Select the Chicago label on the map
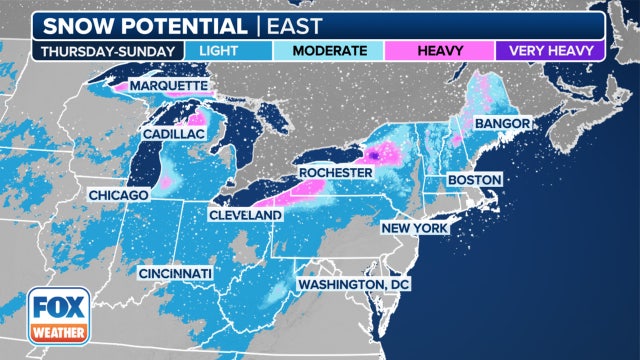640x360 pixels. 118,193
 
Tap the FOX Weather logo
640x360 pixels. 57,315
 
